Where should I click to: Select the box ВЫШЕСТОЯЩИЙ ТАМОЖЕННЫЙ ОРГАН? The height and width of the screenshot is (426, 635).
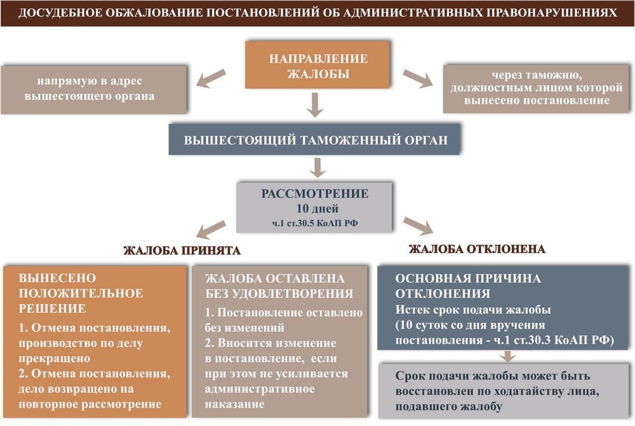[315, 140]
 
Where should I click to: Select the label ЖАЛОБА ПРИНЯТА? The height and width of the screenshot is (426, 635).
[182, 251]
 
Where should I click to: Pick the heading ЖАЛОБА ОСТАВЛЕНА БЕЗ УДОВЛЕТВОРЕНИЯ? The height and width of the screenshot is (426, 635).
[279, 286]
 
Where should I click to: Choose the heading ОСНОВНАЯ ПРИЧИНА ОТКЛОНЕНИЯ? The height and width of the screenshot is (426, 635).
[468, 286]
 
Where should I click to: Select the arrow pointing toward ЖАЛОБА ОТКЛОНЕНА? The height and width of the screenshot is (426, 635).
[417, 226]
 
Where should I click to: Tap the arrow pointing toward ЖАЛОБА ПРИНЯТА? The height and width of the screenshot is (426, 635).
[210, 228]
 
